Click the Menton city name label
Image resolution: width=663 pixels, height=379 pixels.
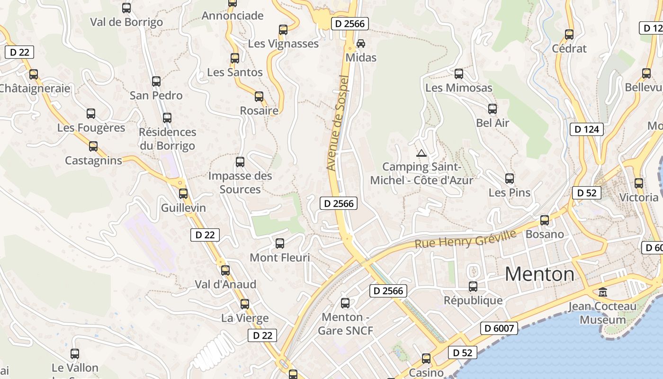click(x=539, y=274)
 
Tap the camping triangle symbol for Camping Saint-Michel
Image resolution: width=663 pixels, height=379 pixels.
click(x=421, y=153)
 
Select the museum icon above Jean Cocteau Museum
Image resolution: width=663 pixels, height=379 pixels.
click(x=603, y=292)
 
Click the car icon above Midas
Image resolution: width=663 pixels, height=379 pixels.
click(x=361, y=43)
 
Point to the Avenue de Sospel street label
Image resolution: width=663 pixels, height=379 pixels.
click(x=338, y=123)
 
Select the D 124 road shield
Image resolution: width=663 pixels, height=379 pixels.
click(x=587, y=129)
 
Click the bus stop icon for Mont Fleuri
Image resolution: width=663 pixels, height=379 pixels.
click(x=280, y=244)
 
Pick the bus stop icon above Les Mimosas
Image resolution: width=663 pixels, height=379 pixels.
click(x=458, y=74)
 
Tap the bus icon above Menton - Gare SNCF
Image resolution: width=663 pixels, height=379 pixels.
click(x=345, y=303)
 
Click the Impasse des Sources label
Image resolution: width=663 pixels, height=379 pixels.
click(x=240, y=182)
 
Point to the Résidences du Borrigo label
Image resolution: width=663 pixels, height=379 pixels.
click(x=167, y=139)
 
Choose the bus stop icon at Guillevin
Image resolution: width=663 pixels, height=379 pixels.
click(x=183, y=194)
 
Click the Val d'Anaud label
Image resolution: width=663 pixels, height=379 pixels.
click(x=225, y=284)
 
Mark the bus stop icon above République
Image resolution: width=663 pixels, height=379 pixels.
click(x=473, y=287)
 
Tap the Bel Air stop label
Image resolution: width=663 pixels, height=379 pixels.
click(x=493, y=123)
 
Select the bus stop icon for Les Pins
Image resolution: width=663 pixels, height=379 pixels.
click(x=510, y=179)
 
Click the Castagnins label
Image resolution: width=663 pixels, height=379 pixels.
click(x=93, y=161)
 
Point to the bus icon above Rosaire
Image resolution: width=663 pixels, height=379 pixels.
click(x=259, y=97)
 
